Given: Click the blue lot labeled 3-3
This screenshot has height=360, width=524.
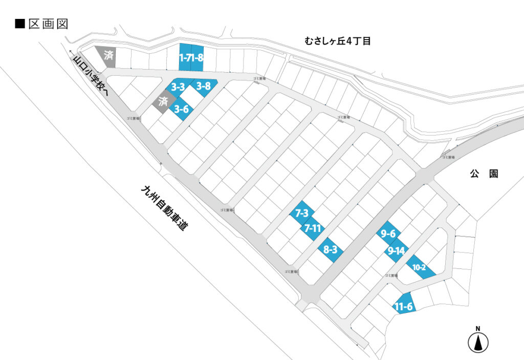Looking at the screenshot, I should (x=178, y=87).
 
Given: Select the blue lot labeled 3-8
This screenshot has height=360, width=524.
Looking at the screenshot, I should (x=204, y=87).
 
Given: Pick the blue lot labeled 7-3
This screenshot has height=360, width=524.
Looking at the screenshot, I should (x=302, y=213).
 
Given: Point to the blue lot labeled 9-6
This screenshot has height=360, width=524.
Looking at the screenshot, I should (x=388, y=234).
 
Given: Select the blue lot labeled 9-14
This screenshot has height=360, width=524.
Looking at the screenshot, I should (x=397, y=250).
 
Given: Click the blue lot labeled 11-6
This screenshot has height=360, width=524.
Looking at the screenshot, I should (x=404, y=306).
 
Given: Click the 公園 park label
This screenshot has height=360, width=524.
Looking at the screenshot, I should (x=484, y=174).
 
